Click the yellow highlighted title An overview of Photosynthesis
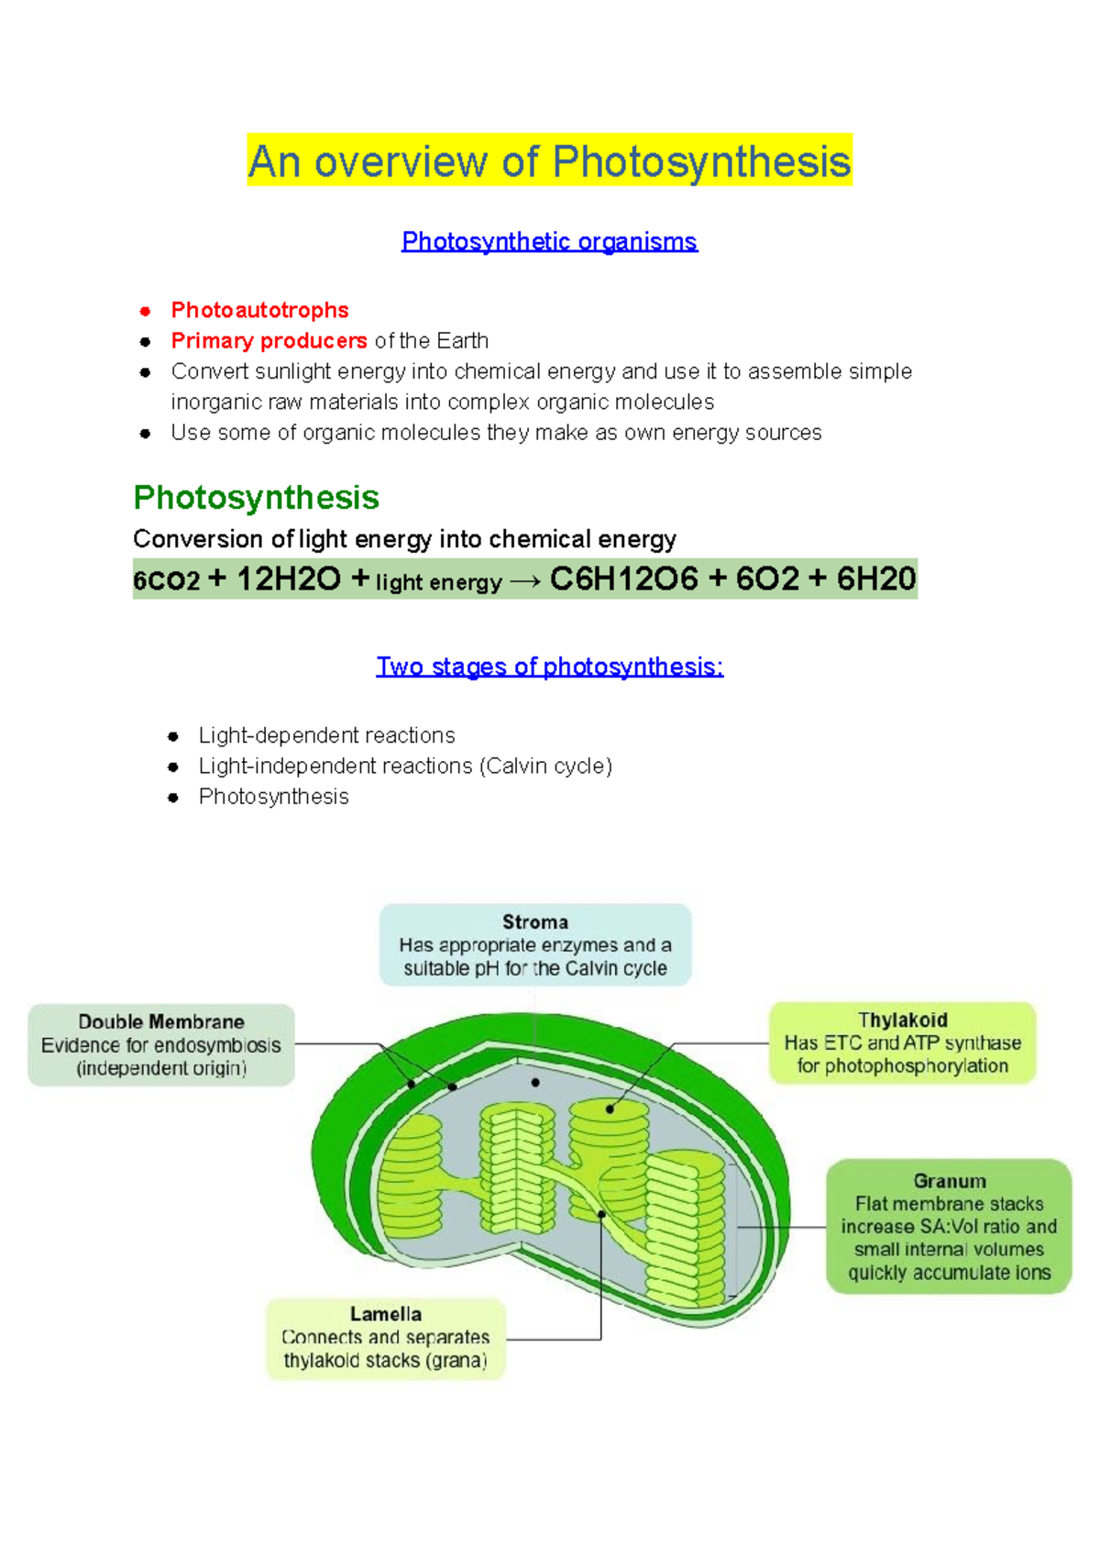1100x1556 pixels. tap(549, 161)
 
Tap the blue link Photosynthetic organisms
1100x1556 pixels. tap(549, 241)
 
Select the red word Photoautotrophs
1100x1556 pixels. tap(259, 310)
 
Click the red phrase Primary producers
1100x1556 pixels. tap(269, 341)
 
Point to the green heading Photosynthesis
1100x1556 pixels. tap(256, 497)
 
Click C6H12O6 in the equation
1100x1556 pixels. tap(623, 579)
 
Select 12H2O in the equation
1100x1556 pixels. tap(288, 579)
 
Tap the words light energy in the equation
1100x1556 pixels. tap(438, 582)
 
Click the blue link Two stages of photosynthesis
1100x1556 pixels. tap(549, 667)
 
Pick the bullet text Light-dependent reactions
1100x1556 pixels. tap(326, 735)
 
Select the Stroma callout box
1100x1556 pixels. tap(534, 944)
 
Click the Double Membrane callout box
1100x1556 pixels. tap(161, 1044)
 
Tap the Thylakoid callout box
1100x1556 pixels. tap(902, 1043)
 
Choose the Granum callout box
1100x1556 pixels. tap(949, 1226)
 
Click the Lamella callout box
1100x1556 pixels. tap(385, 1338)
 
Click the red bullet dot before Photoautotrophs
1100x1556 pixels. tap(145, 311)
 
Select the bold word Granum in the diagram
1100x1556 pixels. tap(949, 1181)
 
